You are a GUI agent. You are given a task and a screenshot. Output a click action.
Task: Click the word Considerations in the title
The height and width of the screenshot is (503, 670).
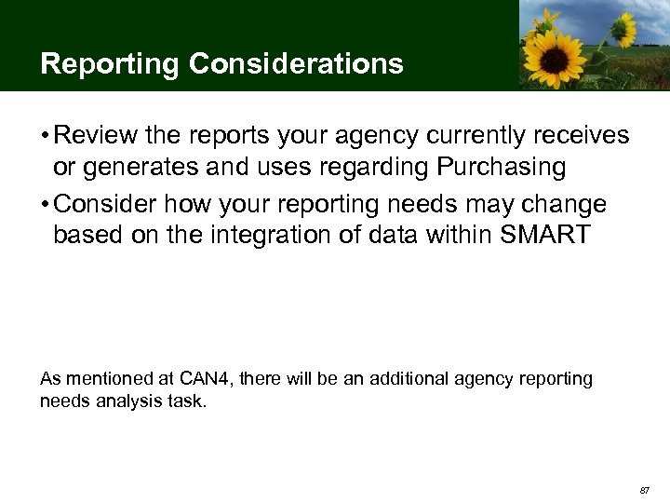pos(297,64)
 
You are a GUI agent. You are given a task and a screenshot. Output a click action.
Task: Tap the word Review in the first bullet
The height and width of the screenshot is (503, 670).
pos(89,136)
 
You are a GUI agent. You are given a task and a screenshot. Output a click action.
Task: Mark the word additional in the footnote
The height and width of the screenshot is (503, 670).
pos(409,378)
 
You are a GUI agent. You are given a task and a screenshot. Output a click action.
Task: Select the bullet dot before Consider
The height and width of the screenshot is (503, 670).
pos(45,204)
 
